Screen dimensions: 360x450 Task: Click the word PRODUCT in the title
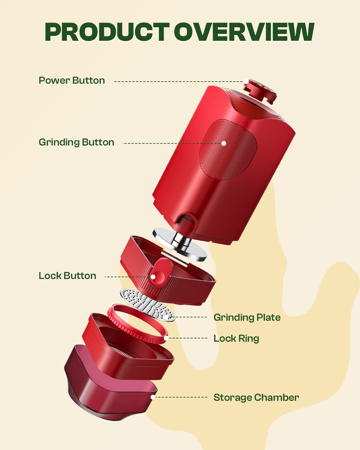click(x=107, y=32)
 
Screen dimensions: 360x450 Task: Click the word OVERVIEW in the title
click(x=244, y=32)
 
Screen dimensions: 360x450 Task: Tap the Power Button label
click(x=72, y=80)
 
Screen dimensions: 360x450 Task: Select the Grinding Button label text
click(x=76, y=142)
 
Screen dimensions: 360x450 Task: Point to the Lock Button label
click(x=67, y=276)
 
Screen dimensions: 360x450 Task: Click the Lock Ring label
click(x=236, y=339)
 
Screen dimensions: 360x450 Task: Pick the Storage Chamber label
click(x=256, y=398)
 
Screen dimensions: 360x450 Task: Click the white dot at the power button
click(x=246, y=81)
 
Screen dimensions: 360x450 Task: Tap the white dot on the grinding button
click(x=224, y=143)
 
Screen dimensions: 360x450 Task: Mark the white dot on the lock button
click(x=153, y=277)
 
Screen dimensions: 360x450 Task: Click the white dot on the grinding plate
click(x=166, y=317)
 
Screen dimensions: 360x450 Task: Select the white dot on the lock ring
click(x=166, y=338)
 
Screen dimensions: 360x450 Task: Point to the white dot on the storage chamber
click(x=153, y=397)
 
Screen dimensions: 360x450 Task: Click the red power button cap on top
click(x=260, y=91)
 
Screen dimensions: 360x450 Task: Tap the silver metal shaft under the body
click(x=181, y=241)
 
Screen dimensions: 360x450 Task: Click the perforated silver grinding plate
click(x=148, y=304)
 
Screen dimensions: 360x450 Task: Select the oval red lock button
click(x=161, y=272)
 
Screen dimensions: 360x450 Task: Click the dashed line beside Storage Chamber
click(x=181, y=397)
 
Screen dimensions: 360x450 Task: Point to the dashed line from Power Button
click(x=179, y=81)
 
